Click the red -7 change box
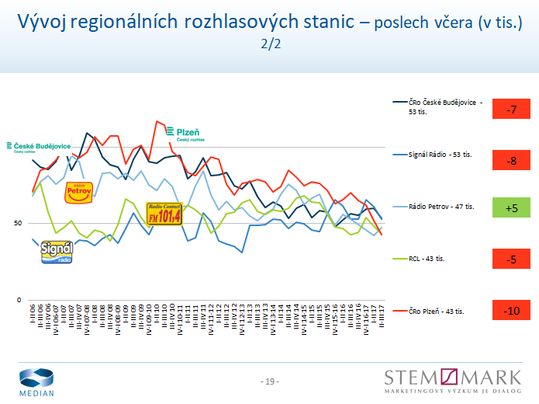coord(511,110)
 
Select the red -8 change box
coord(511,161)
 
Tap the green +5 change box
coord(511,208)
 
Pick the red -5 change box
coord(511,259)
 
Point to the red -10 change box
coord(511,311)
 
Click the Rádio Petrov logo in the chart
coord(78,191)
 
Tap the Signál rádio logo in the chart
coord(57,252)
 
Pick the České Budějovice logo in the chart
coord(39,147)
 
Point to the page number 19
coord(269,381)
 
